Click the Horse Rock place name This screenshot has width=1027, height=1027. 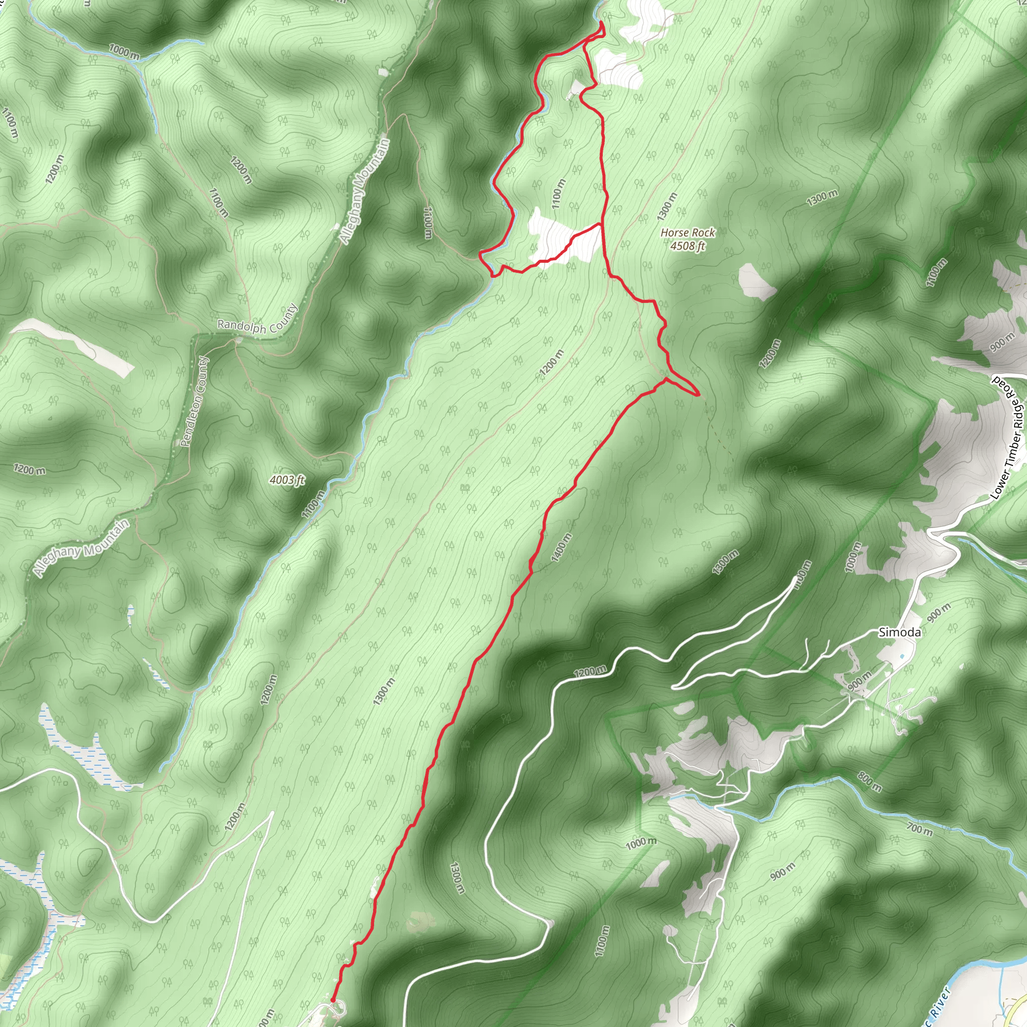(x=688, y=233)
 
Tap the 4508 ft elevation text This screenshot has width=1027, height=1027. (x=688, y=246)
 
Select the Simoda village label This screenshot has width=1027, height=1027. (x=900, y=632)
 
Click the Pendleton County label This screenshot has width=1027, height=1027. (x=195, y=401)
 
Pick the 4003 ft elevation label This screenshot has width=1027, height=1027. (x=287, y=480)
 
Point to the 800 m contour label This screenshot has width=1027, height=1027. (x=869, y=782)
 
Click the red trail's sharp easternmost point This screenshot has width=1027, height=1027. (x=698, y=395)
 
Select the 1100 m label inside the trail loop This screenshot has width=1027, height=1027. (x=558, y=194)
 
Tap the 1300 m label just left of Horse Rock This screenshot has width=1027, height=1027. (x=667, y=207)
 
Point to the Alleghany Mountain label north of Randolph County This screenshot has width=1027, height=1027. (x=365, y=192)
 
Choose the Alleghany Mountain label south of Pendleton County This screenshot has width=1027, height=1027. (x=81, y=548)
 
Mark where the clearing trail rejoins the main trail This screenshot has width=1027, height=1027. (x=601, y=224)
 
